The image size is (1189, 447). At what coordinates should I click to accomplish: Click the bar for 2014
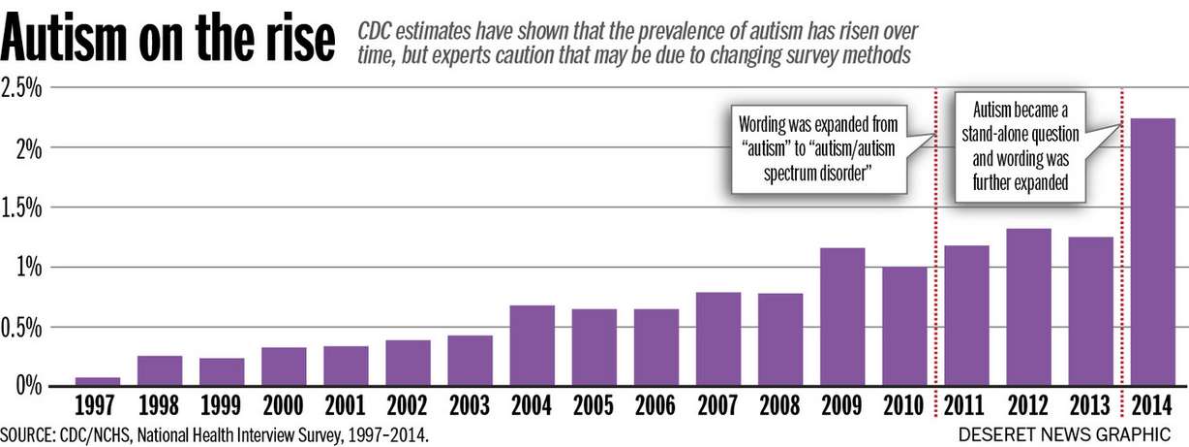coord(1153,252)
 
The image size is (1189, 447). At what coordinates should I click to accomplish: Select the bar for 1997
coord(99,381)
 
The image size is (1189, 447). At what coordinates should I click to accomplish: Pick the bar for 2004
coord(533,345)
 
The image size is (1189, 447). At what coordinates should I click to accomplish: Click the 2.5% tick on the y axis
coord(22,88)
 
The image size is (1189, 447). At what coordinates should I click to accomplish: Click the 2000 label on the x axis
coord(285,404)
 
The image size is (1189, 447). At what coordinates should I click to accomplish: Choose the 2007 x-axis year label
coord(718,404)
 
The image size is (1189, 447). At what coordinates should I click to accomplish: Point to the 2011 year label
coord(966,404)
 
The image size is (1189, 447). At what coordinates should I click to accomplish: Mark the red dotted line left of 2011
coord(936,252)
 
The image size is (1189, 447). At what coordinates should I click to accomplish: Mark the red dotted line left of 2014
coord(1121,252)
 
